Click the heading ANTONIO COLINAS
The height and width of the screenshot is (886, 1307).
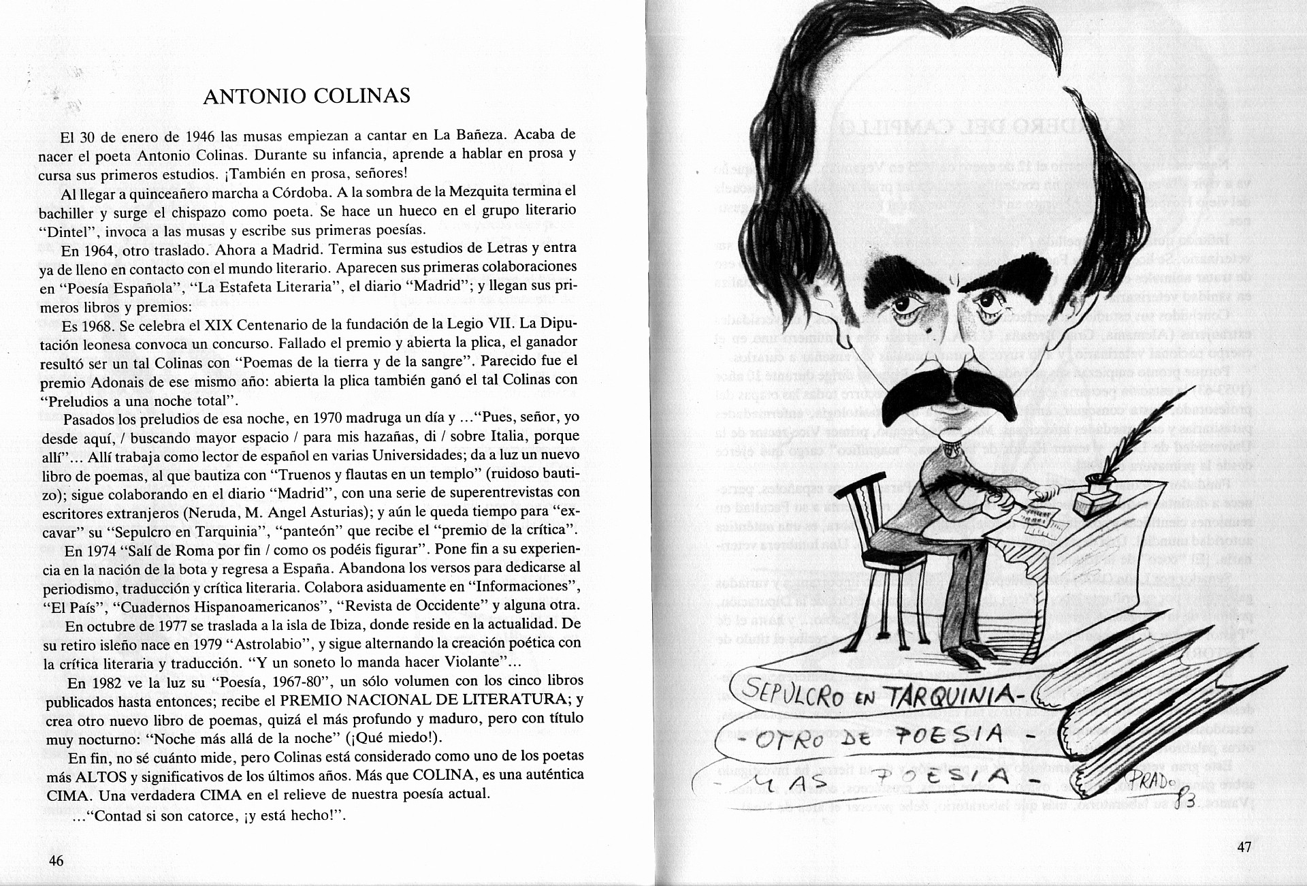click(x=306, y=96)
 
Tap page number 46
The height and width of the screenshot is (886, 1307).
click(x=56, y=860)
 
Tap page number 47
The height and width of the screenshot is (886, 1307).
click(x=1244, y=847)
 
